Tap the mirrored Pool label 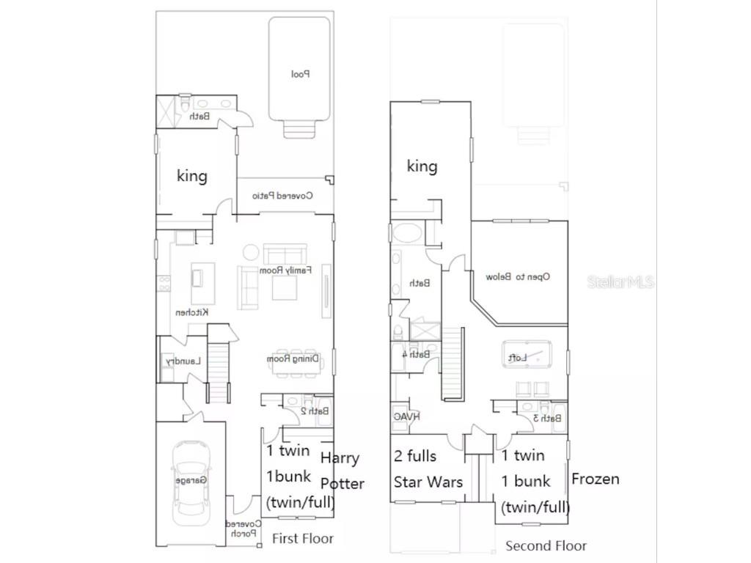point(301,74)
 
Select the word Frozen point(595,479)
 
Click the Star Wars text point(428,482)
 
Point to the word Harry point(340,459)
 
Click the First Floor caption point(302,538)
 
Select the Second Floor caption point(546,545)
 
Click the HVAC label point(406,416)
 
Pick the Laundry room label point(183,361)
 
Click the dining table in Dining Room point(296,360)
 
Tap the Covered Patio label point(283,196)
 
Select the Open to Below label point(518,277)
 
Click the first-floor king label point(192,176)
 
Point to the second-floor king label point(422,166)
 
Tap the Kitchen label point(192,312)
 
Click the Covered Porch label point(243,529)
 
